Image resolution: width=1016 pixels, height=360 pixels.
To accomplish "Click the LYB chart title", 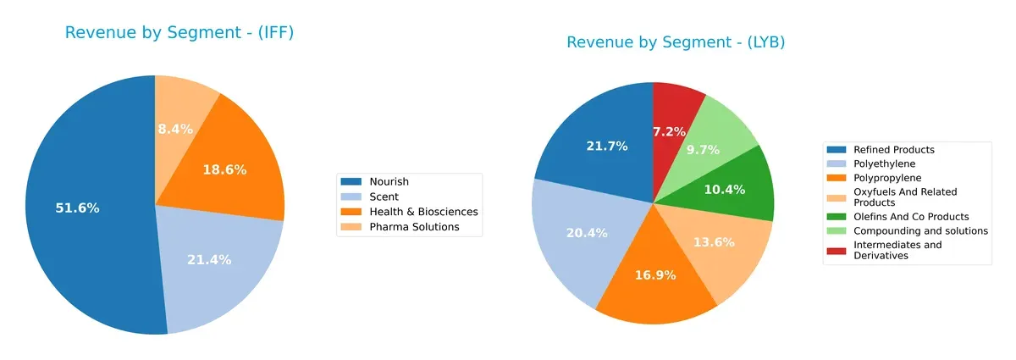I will (676, 42).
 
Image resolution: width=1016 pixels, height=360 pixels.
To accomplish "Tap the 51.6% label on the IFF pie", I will (77, 208).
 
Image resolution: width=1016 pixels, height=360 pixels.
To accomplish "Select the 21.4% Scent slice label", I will (209, 259).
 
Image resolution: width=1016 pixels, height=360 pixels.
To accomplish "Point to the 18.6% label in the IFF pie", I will (224, 169).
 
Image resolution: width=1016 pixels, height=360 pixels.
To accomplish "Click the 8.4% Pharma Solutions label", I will (175, 129).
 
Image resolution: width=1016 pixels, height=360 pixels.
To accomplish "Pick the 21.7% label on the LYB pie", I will (607, 146).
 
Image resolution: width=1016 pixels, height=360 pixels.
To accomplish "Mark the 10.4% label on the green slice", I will (724, 189).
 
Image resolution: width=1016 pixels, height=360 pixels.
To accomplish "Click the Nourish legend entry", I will (389, 181).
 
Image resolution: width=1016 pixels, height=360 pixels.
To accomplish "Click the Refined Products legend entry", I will (894, 150).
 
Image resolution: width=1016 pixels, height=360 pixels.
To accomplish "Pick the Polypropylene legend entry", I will (886, 177).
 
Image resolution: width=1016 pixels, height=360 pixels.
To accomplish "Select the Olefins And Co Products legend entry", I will (911, 217).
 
